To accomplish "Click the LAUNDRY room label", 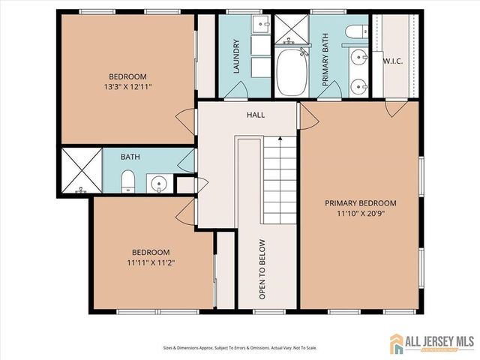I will coord(236,56).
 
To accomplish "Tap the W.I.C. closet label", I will coord(393,61).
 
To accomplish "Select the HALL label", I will coord(256,115).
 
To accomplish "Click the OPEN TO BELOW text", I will coord(262,269).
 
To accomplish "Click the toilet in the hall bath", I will coord(127,180).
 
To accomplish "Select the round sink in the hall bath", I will coord(158,182).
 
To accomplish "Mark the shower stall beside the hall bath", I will coord(79,171).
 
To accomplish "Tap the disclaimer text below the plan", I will coord(241,348).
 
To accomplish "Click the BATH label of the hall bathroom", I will coord(130,157).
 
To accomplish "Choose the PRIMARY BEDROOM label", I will coord(360,203).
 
